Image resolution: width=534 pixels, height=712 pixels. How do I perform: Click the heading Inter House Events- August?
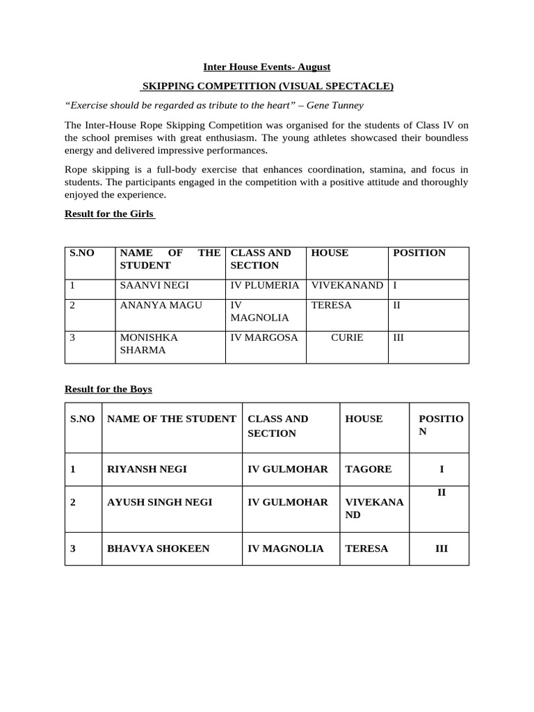pos(266,67)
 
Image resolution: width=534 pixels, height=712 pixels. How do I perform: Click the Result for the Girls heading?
pos(109,213)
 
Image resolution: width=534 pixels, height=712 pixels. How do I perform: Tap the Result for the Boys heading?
pos(108,389)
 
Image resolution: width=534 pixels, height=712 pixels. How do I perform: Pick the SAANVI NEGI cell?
pos(154,286)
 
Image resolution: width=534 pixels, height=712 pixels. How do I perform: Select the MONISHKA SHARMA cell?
pos(149,343)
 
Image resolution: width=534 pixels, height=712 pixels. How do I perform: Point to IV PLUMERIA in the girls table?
pos(265,286)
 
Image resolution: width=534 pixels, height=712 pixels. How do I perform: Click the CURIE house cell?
pos(347,337)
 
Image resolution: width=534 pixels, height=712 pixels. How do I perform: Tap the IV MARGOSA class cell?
pos(264,337)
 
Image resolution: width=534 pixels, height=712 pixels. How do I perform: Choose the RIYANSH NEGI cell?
pos(147,469)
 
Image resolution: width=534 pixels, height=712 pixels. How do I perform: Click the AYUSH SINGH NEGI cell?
pos(160,502)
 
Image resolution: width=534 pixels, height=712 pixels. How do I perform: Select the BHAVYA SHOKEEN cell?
pos(158,549)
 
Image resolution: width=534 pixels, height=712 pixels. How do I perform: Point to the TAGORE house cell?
pos(369,469)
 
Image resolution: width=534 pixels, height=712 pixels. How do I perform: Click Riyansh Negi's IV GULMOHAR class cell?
pos(288,469)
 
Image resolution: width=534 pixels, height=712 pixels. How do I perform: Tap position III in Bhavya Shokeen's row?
pos(442,549)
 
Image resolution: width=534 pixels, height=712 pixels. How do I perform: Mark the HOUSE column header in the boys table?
pos(364,419)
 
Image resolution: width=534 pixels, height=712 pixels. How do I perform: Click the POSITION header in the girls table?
pos(419,253)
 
